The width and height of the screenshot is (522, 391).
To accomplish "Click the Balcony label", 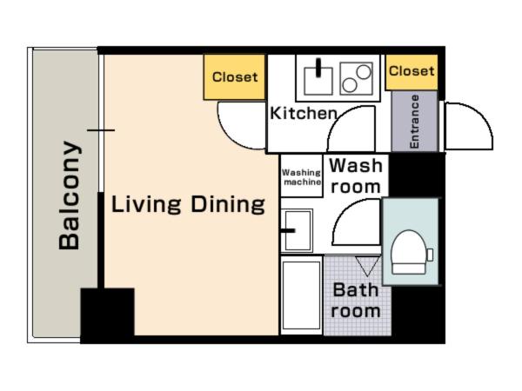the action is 70,195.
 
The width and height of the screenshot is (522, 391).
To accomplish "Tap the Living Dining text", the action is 188,204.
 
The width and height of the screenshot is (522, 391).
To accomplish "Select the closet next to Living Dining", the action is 234,77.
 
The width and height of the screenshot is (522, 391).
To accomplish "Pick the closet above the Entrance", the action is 412,72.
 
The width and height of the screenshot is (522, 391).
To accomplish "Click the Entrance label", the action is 414,122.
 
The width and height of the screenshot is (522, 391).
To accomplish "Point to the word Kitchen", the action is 304,113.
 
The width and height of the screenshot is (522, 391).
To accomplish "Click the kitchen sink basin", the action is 318,81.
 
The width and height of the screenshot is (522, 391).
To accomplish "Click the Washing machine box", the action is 302,176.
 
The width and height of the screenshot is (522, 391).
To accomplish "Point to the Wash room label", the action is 356,176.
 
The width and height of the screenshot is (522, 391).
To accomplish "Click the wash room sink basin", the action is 298,230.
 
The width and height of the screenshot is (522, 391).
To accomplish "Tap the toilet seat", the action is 409,252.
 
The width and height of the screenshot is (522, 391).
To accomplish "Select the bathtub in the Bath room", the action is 302,295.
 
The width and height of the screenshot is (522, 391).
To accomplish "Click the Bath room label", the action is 356,301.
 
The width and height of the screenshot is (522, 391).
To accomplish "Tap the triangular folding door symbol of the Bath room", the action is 367,266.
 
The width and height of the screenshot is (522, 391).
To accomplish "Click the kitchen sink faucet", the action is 318,68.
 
